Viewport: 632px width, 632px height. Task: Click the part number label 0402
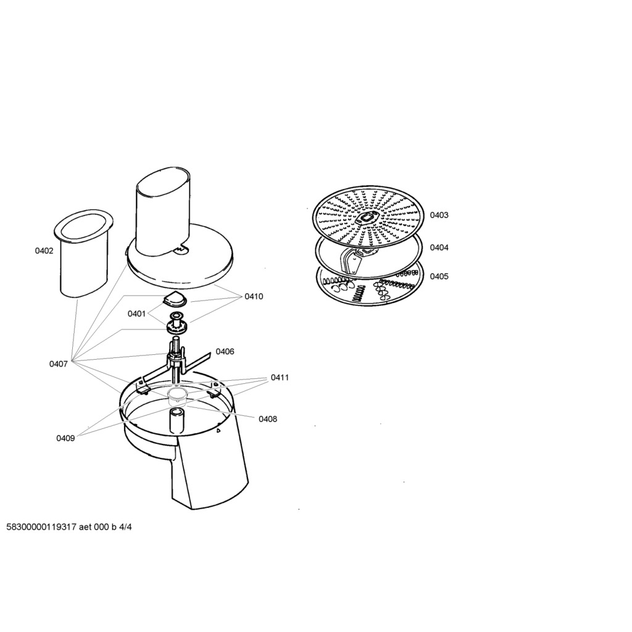click(x=44, y=251)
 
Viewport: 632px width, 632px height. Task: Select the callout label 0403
click(x=439, y=215)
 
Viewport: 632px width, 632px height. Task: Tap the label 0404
click(x=439, y=247)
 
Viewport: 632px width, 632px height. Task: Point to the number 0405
click(x=439, y=276)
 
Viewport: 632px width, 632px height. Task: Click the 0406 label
click(x=225, y=351)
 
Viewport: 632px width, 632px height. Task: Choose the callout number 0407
click(x=59, y=364)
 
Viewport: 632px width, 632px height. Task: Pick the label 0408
click(x=268, y=419)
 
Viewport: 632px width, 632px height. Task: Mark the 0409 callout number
click(x=65, y=438)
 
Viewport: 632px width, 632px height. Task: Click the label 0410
click(x=254, y=297)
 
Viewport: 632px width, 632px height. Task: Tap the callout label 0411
click(x=280, y=378)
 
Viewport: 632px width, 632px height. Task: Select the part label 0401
click(x=136, y=314)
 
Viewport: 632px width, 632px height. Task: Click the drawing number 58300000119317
click(x=41, y=527)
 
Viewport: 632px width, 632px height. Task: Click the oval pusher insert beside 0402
click(x=83, y=253)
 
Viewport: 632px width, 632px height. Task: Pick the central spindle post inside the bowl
click(x=177, y=420)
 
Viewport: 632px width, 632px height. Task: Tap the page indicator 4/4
click(x=125, y=527)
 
